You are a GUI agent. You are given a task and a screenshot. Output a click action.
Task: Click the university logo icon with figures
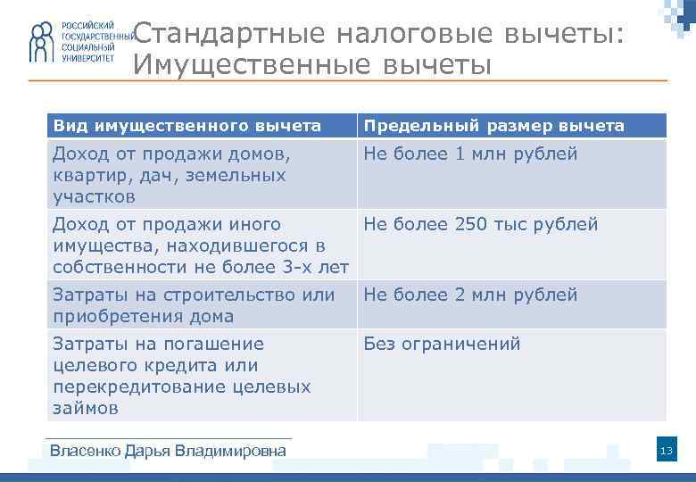pyautogui.click(x=41, y=43)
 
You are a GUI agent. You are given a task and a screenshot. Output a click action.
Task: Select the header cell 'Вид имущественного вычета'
pyautogui.click(x=186, y=126)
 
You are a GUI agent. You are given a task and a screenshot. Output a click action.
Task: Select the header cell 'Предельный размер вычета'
pyautogui.click(x=493, y=126)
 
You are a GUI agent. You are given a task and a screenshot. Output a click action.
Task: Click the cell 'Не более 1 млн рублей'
pyautogui.click(x=470, y=154)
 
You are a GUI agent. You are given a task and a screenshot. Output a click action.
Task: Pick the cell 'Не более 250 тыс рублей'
pyautogui.click(x=480, y=224)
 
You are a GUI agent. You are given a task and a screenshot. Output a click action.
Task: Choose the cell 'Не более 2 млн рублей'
pyautogui.click(x=470, y=295)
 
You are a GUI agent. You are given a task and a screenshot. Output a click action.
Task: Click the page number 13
pyautogui.click(x=666, y=452)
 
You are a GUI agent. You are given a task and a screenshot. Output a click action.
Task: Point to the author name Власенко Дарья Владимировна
pyautogui.click(x=169, y=451)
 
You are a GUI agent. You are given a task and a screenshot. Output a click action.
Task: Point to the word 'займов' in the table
pyautogui.click(x=86, y=408)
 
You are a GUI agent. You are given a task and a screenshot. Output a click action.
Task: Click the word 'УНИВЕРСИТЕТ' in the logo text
pyautogui.click(x=88, y=56)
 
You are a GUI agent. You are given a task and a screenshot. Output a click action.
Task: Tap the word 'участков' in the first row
pyautogui.click(x=94, y=196)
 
